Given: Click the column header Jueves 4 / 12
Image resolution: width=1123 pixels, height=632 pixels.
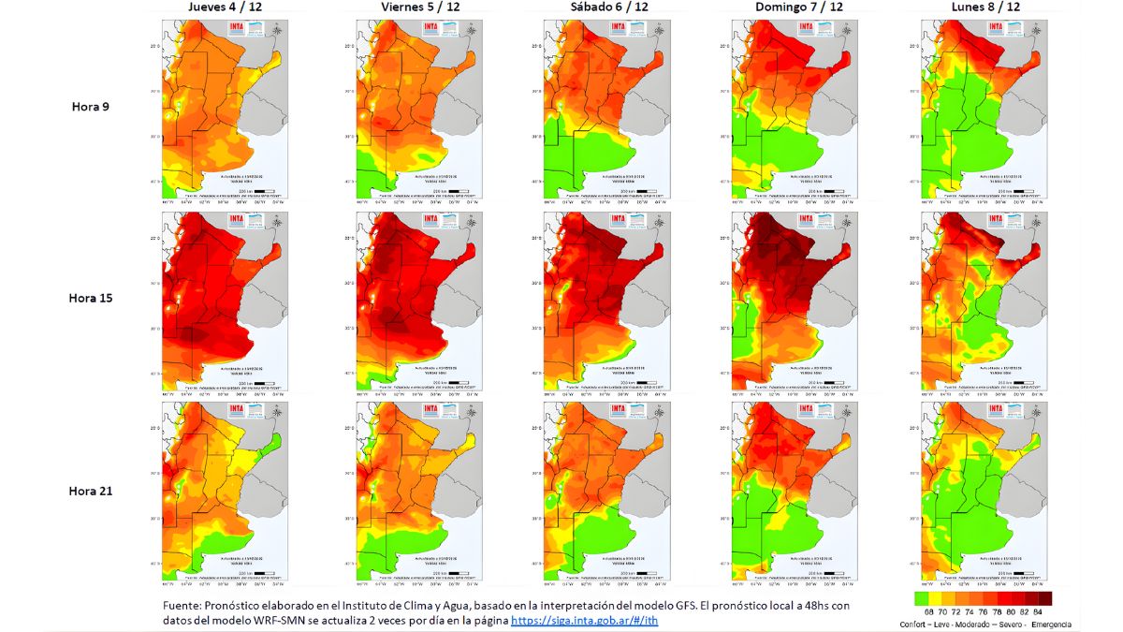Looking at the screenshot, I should click(x=226, y=7).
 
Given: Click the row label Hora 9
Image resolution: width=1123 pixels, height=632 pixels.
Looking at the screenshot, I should click(x=90, y=107).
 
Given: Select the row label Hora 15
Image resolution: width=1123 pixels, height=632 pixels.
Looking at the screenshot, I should click(x=90, y=298).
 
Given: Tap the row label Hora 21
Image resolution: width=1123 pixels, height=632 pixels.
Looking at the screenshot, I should click(x=90, y=490).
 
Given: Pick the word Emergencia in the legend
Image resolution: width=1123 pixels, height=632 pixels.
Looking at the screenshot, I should click(x=1051, y=625).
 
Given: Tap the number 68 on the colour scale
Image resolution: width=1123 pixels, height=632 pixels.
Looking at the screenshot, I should click(x=929, y=611).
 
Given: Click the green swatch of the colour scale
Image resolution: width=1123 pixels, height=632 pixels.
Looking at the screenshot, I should click(x=922, y=597).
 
